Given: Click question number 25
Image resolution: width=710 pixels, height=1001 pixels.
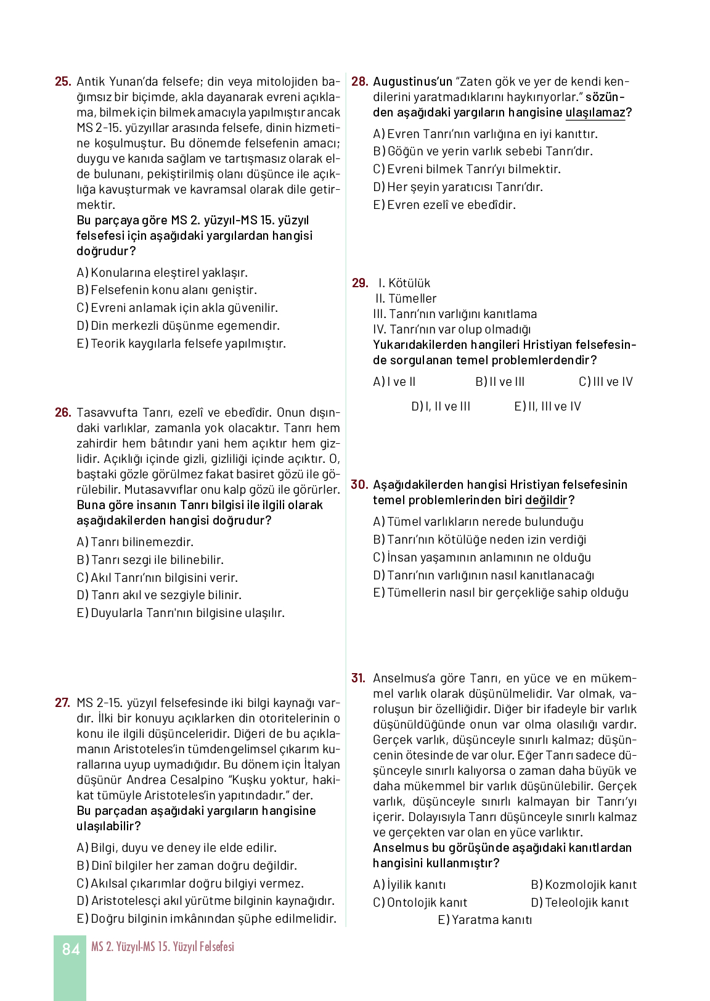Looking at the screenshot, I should (x=63, y=81).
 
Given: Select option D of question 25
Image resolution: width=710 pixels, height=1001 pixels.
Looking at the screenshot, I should (x=178, y=325).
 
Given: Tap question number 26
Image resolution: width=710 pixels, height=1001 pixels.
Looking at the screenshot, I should (x=63, y=412).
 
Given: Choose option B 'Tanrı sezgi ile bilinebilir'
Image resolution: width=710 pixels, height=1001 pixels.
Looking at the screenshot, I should (x=150, y=560).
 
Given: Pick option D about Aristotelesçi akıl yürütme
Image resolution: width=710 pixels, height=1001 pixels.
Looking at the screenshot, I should (x=205, y=901).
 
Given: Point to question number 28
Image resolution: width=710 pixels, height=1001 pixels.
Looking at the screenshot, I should (x=359, y=81).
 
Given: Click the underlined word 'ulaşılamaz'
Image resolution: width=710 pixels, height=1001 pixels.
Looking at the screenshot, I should (x=595, y=112).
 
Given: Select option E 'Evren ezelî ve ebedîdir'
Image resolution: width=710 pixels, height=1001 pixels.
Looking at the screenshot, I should (x=444, y=205).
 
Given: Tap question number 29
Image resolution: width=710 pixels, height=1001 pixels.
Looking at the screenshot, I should (x=360, y=283).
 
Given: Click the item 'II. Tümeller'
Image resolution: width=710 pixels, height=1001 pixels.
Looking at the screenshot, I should (x=406, y=298).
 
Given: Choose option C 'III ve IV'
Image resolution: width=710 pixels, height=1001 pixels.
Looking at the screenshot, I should (x=605, y=382).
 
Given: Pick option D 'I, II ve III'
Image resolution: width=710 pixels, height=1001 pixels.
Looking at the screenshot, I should (x=441, y=406).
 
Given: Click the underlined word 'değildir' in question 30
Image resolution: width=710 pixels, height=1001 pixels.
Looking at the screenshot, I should (x=546, y=500).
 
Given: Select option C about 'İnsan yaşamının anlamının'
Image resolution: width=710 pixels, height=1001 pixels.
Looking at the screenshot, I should (x=482, y=557).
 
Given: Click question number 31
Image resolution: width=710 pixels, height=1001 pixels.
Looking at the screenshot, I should (x=359, y=678).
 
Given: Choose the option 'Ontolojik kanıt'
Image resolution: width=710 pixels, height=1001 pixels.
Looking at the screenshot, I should (x=420, y=902).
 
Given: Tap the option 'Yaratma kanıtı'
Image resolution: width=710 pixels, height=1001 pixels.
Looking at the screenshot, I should (x=485, y=920).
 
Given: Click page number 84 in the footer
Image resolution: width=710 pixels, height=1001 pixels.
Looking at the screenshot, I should (x=71, y=949).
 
